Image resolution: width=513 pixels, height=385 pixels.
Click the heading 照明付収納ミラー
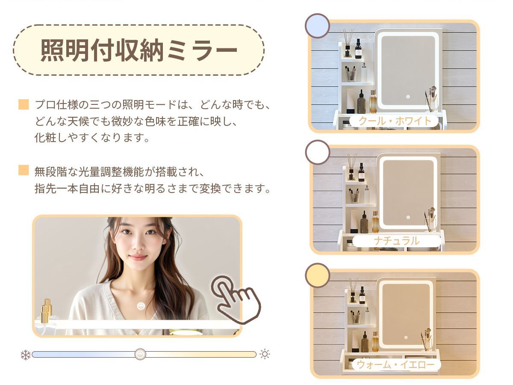(x=139, y=50)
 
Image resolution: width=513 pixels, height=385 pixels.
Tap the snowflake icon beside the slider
(x=26, y=355)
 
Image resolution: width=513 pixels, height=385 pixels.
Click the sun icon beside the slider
(x=265, y=354)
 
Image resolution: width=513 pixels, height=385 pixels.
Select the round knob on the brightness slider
(x=140, y=354)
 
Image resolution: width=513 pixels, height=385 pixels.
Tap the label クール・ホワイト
(x=395, y=121)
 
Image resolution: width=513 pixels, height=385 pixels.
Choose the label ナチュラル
(x=397, y=241)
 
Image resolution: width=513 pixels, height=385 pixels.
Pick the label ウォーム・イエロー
(x=395, y=364)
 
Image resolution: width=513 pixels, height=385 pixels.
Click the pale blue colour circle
(x=317, y=26)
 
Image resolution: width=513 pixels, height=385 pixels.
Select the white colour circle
(x=317, y=152)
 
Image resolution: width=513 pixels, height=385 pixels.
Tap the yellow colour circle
(x=317, y=275)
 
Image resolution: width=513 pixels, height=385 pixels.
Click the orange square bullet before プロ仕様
(x=24, y=104)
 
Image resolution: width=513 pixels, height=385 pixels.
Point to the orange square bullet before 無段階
(x=24, y=170)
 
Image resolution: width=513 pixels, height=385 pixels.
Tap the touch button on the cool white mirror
(x=408, y=97)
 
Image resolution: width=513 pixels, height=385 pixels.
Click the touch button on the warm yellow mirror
(x=406, y=338)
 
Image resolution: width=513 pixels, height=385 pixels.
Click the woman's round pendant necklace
(x=141, y=305)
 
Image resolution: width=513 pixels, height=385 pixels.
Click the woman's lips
(x=138, y=257)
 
